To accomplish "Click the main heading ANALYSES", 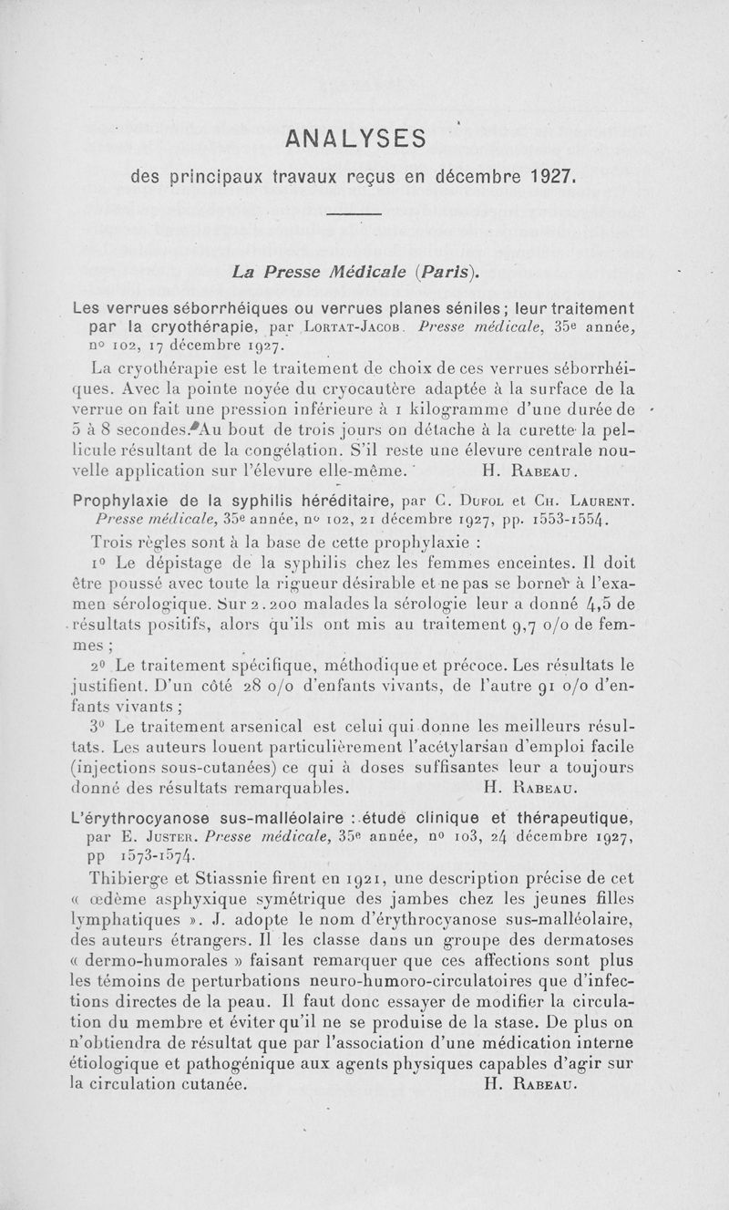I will coord(355,138).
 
